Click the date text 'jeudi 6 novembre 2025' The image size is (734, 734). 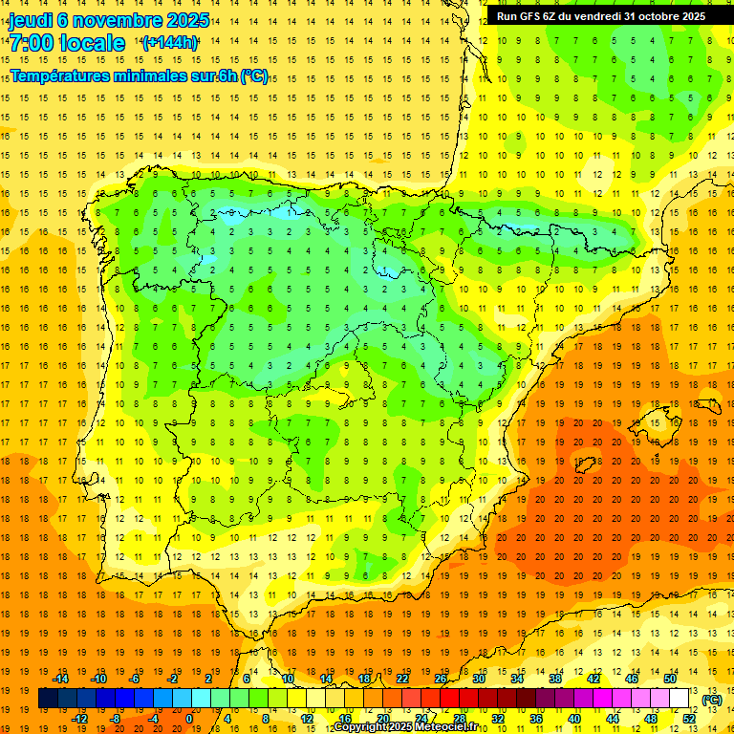click(109, 20)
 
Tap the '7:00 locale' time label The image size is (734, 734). click(67, 43)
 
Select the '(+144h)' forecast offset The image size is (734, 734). click(170, 42)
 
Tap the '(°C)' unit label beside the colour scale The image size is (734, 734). click(712, 700)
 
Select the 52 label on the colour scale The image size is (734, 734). click(689, 719)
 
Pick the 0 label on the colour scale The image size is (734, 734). click(189, 719)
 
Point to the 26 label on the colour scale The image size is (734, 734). click(441, 680)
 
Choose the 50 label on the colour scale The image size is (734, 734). click(670, 680)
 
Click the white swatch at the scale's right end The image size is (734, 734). click(680, 699)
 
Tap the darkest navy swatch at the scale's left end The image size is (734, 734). click(48, 699)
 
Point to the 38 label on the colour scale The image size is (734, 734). click(555, 680)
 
